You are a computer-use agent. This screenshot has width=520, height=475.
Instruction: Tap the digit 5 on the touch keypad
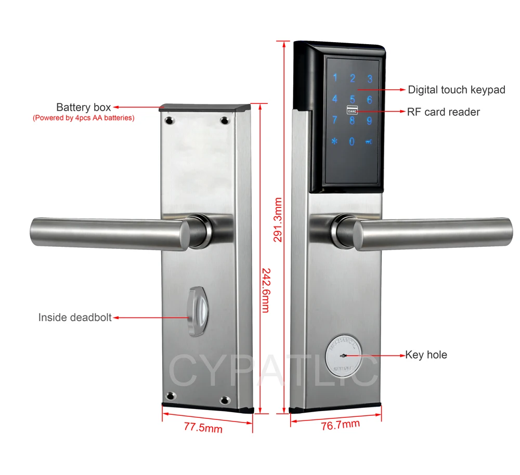point(352,99)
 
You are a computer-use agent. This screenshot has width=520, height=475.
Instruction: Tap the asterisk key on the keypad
point(335,141)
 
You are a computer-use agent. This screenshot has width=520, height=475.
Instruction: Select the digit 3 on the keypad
point(370,79)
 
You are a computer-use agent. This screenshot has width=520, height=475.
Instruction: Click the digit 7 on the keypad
point(335,120)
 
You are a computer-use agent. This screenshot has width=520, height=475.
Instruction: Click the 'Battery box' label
point(83,108)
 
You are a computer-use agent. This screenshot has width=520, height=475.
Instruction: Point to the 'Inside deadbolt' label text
point(75,317)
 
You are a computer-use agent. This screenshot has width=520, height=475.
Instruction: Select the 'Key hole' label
point(426,355)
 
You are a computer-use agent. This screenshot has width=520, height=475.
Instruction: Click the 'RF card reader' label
point(444,112)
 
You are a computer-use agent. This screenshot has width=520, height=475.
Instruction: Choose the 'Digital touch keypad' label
point(456,90)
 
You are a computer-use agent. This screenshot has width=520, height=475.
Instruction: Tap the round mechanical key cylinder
point(344,355)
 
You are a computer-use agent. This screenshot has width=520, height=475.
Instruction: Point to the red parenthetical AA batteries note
point(83,118)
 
